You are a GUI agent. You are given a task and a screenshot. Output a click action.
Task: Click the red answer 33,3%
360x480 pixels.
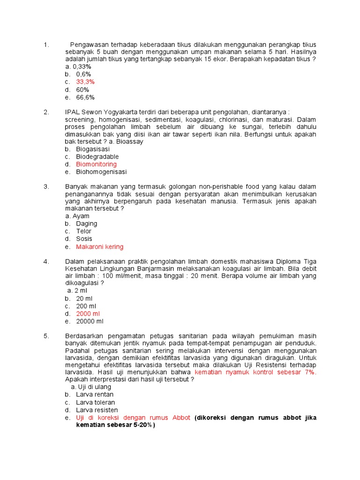tap(85, 82)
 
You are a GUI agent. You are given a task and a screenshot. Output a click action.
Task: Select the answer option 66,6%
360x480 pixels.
tap(85, 97)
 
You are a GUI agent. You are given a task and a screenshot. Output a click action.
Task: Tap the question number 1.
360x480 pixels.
tap(46, 45)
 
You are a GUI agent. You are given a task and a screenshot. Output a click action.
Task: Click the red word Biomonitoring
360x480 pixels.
tap(96, 165)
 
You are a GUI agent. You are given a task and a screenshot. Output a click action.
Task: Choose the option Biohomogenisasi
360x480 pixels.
tap(101, 172)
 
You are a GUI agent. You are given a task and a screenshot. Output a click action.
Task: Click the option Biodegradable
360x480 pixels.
tap(97, 157)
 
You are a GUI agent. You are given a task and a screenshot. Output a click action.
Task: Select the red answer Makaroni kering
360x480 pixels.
tap(100, 247)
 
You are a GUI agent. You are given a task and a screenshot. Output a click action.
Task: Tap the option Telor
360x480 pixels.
tap(84, 231)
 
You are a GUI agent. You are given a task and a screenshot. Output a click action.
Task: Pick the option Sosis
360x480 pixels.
tap(84, 239)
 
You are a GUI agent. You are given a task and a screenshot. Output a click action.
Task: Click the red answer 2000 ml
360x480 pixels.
tap(88, 314)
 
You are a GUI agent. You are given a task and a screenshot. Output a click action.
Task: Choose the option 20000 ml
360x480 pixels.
tap(90, 322)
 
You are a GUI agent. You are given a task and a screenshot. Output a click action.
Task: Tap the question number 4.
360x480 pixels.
tap(46, 262)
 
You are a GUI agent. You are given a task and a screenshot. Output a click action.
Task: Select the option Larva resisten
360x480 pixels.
tap(97, 410)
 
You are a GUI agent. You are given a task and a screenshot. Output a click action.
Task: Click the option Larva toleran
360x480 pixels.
tap(96, 403)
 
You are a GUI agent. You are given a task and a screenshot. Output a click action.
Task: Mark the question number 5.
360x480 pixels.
tap(46, 336)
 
